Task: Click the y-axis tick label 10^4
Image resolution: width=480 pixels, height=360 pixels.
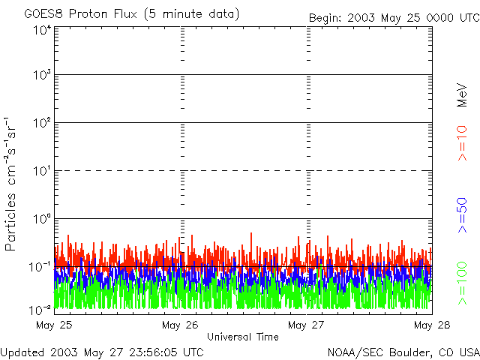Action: (x=42, y=29)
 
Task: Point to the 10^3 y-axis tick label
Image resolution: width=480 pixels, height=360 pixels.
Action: (x=42, y=76)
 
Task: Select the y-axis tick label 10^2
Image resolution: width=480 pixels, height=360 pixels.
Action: (x=42, y=124)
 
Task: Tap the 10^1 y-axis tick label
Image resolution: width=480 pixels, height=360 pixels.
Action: (x=42, y=172)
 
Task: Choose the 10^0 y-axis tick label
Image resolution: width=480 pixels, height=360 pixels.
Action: (x=42, y=220)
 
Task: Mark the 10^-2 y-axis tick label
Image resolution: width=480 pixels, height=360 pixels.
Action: (x=40, y=310)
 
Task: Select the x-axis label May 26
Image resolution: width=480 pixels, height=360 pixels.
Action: (x=179, y=325)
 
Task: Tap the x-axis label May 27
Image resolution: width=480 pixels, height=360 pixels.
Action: (x=306, y=325)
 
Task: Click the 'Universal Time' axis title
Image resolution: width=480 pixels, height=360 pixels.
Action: (x=242, y=337)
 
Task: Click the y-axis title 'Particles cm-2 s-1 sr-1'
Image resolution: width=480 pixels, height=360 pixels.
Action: (x=12, y=184)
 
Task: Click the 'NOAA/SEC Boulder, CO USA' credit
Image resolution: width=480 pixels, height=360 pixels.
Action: (x=403, y=352)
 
